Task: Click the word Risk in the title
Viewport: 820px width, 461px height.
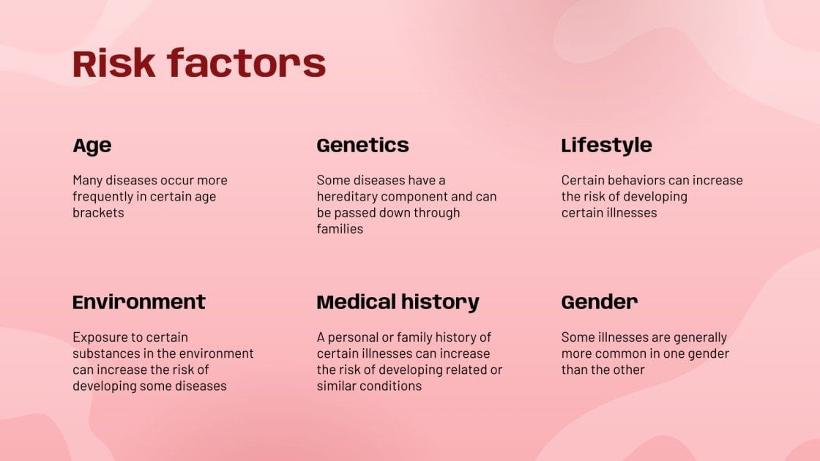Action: pyautogui.click(x=114, y=64)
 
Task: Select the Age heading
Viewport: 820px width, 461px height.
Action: pyautogui.click(x=92, y=146)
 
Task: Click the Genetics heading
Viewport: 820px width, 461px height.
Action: pyautogui.click(x=362, y=145)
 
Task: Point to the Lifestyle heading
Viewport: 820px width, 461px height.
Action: pyautogui.click(x=606, y=146)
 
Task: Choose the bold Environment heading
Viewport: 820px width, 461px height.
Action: pyautogui.click(x=139, y=301)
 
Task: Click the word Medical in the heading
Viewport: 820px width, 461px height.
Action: pyautogui.click(x=357, y=301)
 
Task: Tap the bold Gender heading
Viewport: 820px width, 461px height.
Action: pyautogui.click(x=600, y=301)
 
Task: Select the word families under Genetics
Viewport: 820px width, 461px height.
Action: pyautogui.click(x=340, y=229)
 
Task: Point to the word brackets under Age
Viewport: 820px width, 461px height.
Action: pyautogui.click(x=98, y=213)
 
